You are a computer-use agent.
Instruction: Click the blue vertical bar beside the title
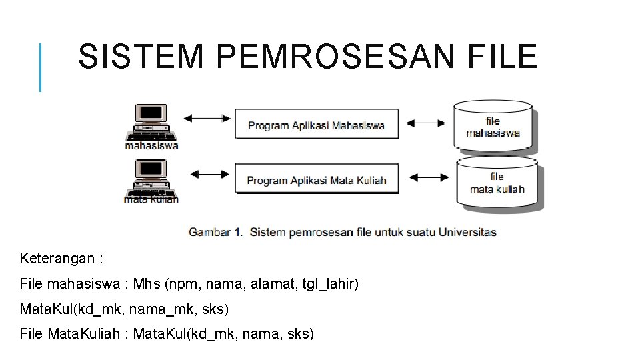click(41, 67)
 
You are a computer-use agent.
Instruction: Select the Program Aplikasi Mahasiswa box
click(317, 124)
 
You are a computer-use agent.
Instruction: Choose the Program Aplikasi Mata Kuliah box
click(317, 179)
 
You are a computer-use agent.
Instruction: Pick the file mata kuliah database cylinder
click(497, 182)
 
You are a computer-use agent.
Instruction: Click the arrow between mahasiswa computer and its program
click(207, 119)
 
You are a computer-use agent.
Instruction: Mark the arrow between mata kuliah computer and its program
click(209, 175)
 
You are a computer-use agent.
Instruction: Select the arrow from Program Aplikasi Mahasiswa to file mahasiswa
click(425, 123)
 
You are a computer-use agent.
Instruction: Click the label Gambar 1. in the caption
click(215, 233)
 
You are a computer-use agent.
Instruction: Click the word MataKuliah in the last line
click(81, 334)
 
